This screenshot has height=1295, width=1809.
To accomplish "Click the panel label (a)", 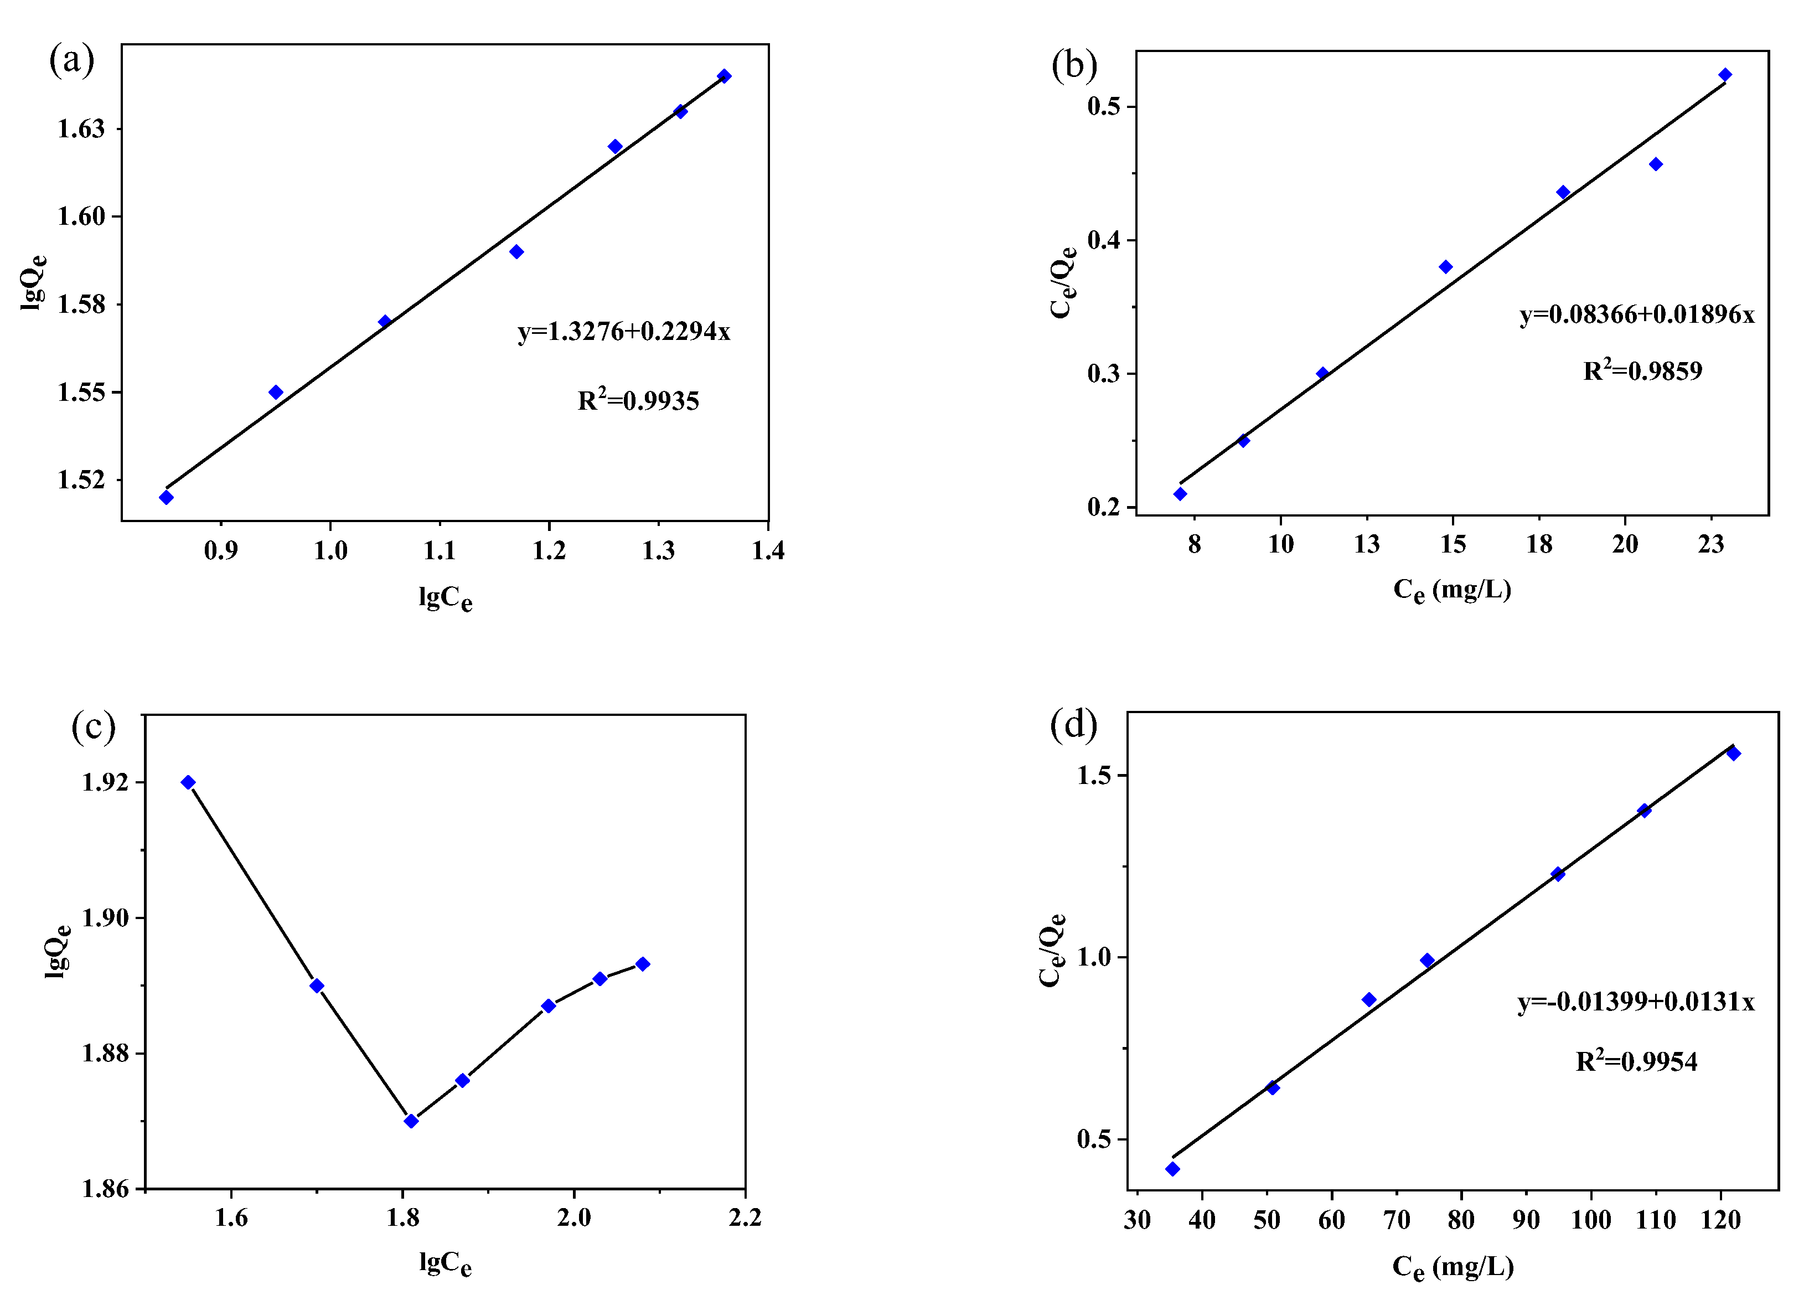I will coord(72,60).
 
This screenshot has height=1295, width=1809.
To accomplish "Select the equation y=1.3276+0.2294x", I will coord(623,331).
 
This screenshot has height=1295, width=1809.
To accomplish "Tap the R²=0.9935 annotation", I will coord(638,400).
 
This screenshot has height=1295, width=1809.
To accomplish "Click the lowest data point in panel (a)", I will coord(166,498).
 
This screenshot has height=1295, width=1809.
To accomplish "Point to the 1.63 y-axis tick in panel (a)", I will coord(80,128).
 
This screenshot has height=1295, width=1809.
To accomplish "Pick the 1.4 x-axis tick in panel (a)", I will coord(768,550).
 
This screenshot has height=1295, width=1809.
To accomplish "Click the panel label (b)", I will coord(1073,65).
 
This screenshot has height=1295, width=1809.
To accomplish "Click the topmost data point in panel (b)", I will coord(1724,75).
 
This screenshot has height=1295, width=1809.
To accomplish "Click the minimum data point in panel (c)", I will coord(411,1121).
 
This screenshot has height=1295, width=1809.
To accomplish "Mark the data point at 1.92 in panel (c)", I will coord(188,782).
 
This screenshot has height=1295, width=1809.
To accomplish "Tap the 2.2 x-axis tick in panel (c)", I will coord(745,1217).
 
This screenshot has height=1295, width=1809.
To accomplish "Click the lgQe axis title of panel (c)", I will coord(58,951).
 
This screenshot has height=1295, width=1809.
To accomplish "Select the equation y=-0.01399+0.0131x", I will coord(1635,1002).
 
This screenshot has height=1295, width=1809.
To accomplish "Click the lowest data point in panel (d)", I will coord(1172,1169).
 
